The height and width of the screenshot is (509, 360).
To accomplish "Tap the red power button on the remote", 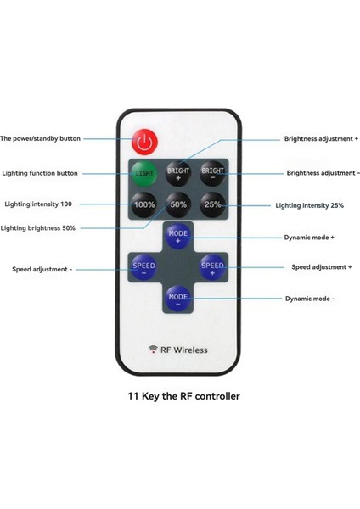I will tap(143, 140).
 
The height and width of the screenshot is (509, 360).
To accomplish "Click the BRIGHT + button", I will tap(178, 173).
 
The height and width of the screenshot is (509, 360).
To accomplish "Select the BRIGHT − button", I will tap(211, 173).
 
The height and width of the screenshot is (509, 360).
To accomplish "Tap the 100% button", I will tap(144, 204).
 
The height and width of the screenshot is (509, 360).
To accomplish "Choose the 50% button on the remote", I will tap(178, 204).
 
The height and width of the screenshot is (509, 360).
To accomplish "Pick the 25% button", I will tap(211, 204).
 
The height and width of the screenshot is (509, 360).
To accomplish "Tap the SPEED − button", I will tap(143, 268).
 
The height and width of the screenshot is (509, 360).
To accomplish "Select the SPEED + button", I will tap(212, 268).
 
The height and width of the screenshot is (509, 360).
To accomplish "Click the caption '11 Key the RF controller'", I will tap(183, 395).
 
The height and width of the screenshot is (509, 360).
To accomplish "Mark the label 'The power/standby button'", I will tap(41, 138).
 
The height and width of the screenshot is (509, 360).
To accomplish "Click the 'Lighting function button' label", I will tap(40, 173).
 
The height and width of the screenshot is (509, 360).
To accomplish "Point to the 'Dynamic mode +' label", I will tap(309, 238).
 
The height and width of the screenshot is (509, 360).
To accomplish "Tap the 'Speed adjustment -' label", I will tap(42, 269).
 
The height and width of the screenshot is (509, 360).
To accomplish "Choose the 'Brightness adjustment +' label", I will tap(321, 138).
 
